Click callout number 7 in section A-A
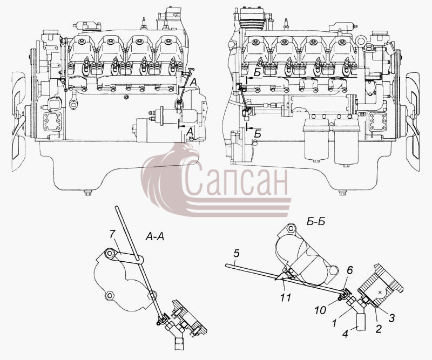click(112, 234)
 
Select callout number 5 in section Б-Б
click(236, 254)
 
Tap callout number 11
click(286, 298)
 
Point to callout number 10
click(320, 310)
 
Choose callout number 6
click(349, 271)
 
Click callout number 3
click(391, 318)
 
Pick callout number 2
click(379, 329)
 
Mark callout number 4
click(346, 335)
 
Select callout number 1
click(334, 323)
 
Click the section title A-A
click(154, 236)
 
